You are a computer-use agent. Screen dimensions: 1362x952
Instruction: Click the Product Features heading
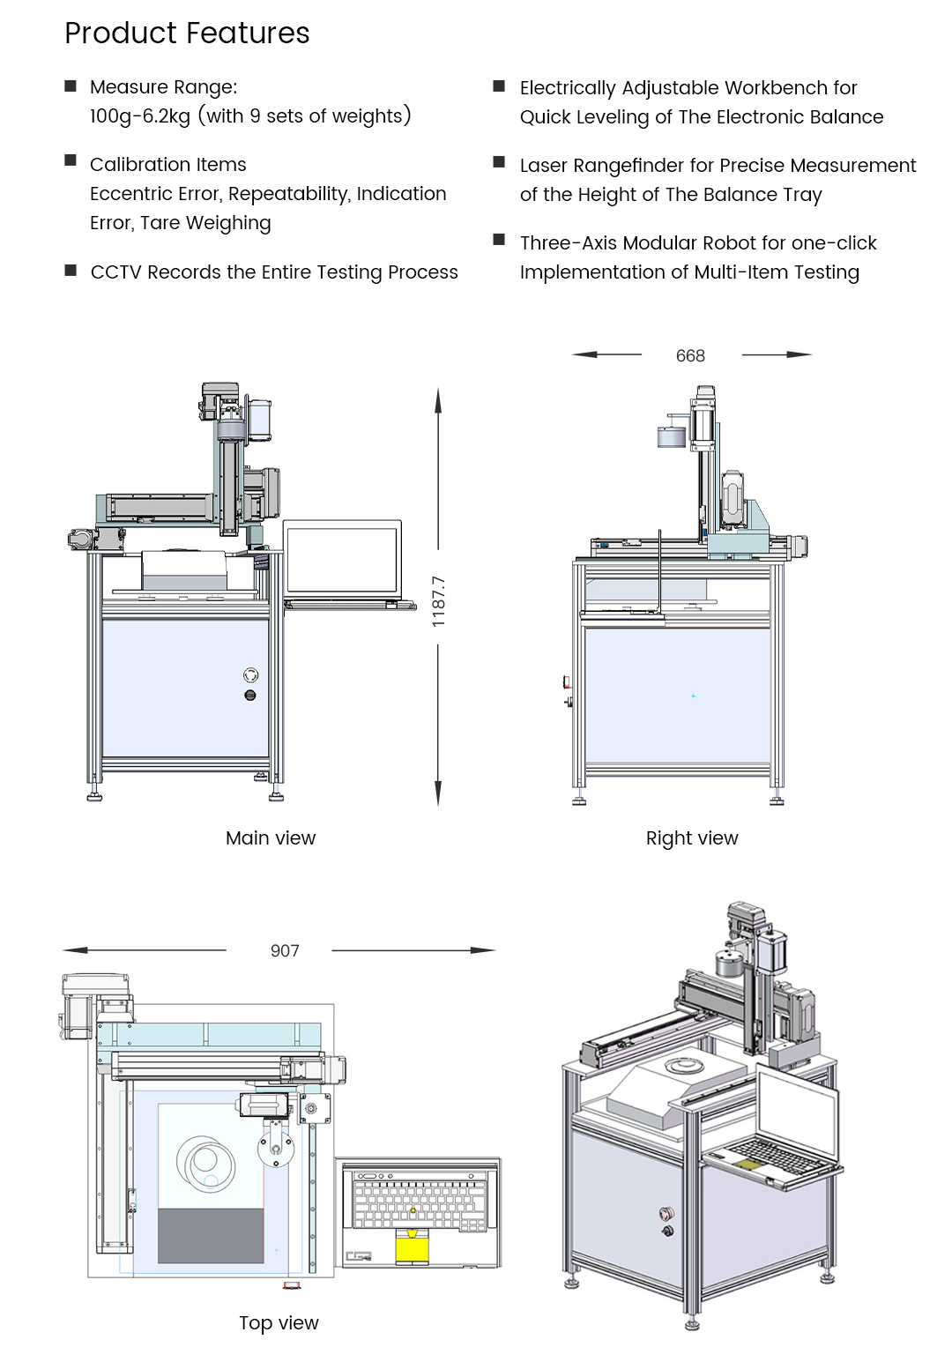click(x=187, y=33)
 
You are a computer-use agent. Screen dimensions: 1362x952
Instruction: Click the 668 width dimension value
click(x=690, y=355)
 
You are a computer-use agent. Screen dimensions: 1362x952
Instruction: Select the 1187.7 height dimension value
click(x=438, y=601)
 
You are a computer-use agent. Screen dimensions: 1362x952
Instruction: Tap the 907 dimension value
click(x=285, y=950)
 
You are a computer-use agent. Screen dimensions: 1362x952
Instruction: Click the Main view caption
click(x=271, y=837)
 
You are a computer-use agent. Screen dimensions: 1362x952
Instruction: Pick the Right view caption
click(x=692, y=837)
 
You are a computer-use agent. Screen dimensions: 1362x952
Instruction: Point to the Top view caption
click(x=279, y=1322)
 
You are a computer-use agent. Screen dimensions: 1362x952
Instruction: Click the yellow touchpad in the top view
click(x=412, y=1246)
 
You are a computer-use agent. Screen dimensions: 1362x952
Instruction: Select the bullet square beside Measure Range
click(x=71, y=86)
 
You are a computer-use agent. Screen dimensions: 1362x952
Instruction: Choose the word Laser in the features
click(x=544, y=166)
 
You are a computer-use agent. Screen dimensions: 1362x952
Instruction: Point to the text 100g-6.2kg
click(x=140, y=116)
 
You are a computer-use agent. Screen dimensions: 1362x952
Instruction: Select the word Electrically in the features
click(x=568, y=88)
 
